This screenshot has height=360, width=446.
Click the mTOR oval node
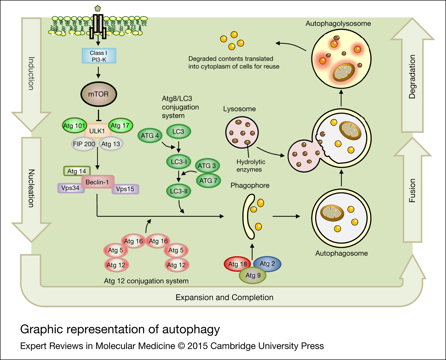coord(98,94)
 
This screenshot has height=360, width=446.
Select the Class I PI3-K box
coord(99,56)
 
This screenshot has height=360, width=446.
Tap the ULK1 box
coord(97,131)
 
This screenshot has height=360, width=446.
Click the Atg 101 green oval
coord(74,126)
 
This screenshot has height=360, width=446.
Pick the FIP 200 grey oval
coord(83,144)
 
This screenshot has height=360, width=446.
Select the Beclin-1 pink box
coord(97,182)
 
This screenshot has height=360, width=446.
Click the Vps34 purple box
coord(70,188)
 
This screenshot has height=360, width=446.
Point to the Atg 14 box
coord(77,171)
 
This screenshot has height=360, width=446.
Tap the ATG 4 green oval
coord(150,136)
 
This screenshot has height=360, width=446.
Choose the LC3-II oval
coord(179,191)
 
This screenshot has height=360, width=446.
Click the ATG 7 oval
coord(208,181)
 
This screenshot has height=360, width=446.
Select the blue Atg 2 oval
coord(267,264)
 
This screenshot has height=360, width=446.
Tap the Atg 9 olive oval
coord(253,276)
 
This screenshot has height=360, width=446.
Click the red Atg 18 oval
coord(237,264)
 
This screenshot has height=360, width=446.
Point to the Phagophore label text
coord(250,186)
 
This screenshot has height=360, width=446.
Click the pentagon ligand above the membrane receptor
coord(98,8)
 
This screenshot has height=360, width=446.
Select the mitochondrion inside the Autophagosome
coord(332,213)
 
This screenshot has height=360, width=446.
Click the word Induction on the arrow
coord(31,73)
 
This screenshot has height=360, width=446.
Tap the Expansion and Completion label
coord(224,298)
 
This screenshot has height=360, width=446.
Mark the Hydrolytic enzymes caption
coord(250,166)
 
